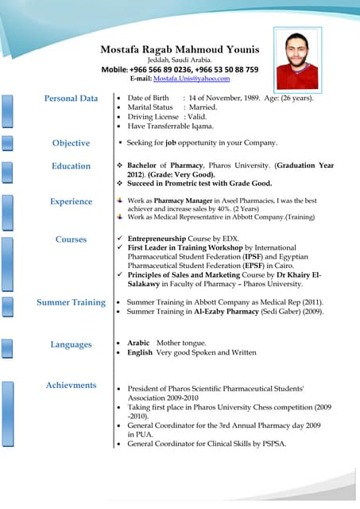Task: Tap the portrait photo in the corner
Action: coord(296,60)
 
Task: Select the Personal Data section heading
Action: coord(72,99)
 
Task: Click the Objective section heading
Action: coord(72,143)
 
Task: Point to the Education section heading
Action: coord(72,166)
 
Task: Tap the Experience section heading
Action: coord(72,202)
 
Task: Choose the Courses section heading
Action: coord(72,239)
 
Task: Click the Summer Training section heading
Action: coord(71,302)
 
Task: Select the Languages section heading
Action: coord(72,344)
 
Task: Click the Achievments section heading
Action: coord(72,386)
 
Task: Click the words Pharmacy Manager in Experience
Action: coord(183,201)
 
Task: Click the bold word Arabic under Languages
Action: coord(139,342)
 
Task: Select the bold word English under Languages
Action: coord(140,352)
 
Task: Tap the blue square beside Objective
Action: coord(8,143)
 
